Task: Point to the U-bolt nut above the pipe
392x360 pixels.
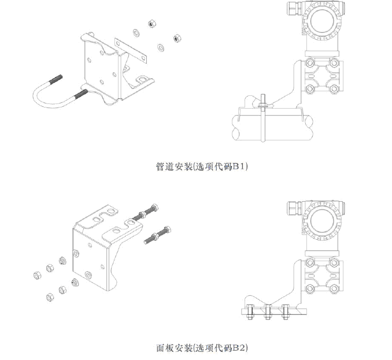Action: coord(261,103)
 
